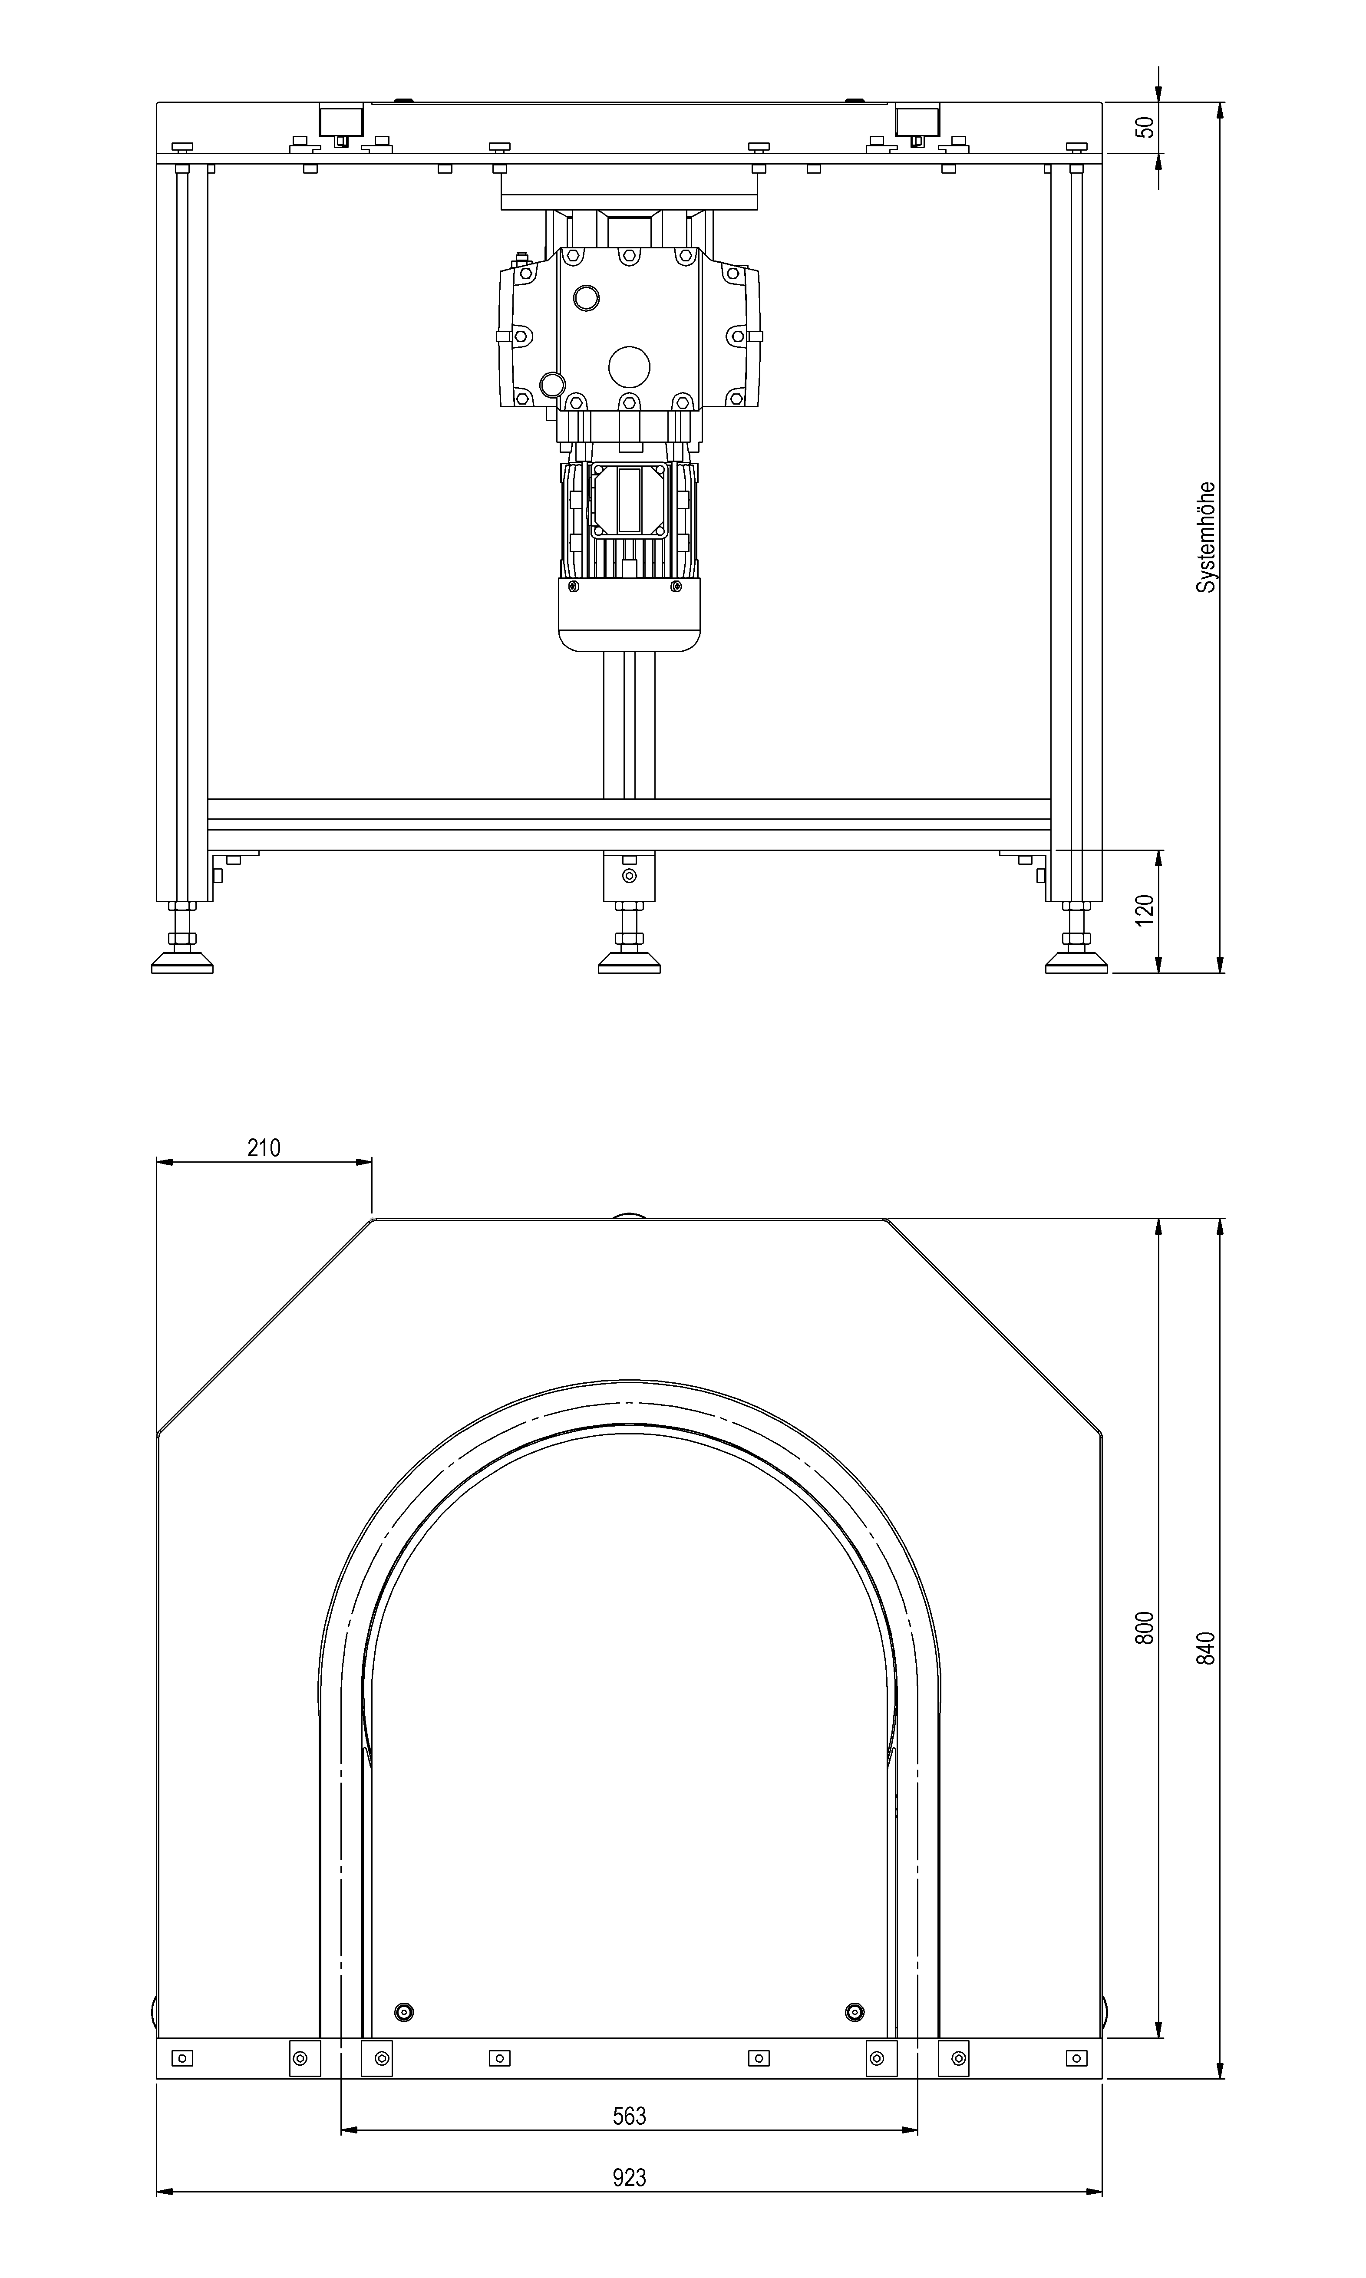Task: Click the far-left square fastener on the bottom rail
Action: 182,2058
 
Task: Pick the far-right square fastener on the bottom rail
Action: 1076,2058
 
